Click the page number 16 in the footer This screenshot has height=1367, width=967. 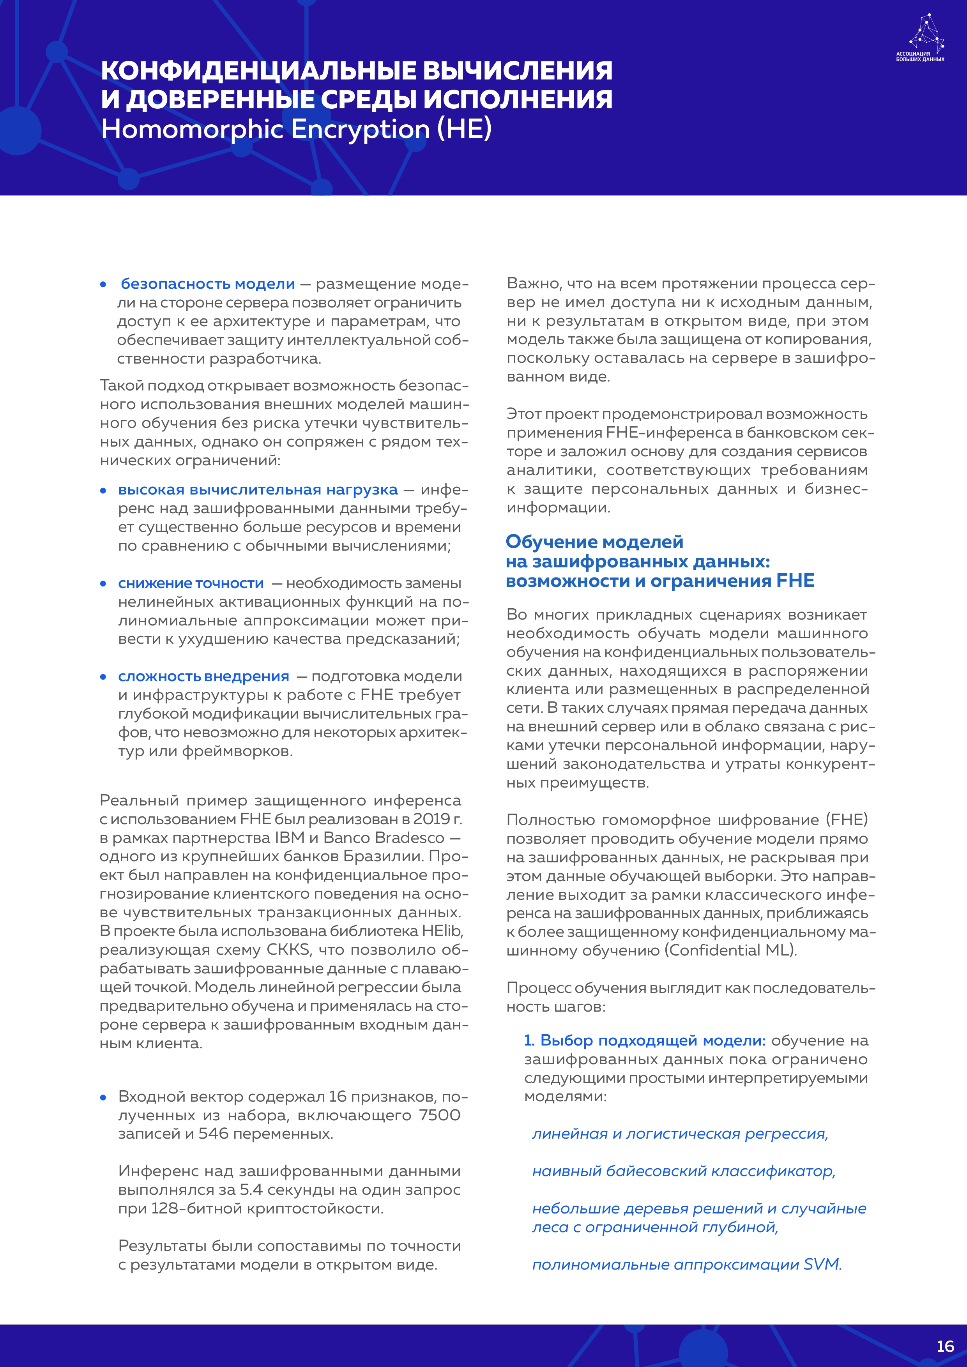945,1346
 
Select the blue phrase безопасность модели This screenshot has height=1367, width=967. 208,284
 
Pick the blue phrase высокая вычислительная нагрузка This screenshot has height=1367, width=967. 257,489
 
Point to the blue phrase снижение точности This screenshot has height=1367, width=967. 191,583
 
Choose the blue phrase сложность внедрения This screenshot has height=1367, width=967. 203,676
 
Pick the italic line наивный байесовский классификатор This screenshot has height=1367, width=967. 684,1171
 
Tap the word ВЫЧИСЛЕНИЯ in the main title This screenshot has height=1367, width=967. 517,71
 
